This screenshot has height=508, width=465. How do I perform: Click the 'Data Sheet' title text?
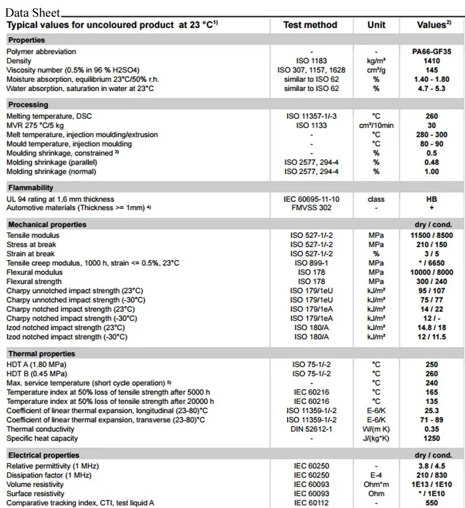click(x=33, y=12)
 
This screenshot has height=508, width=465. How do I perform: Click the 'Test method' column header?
click(x=310, y=25)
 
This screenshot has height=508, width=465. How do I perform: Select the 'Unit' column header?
click(x=376, y=25)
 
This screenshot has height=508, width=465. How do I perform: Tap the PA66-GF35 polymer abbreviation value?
click(x=432, y=51)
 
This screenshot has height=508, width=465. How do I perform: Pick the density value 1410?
click(x=432, y=61)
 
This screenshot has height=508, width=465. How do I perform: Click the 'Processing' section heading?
click(x=28, y=105)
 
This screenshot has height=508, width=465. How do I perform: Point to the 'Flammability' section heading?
click(x=30, y=188)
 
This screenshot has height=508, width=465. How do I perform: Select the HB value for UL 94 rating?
click(x=432, y=199)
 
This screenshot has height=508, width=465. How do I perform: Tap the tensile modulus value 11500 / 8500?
click(x=432, y=235)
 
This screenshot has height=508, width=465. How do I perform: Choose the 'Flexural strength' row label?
click(x=35, y=281)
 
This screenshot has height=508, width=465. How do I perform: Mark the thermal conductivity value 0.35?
click(x=432, y=429)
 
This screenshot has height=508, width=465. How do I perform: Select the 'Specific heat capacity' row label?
click(x=42, y=438)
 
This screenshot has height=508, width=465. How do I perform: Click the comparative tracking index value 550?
click(x=432, y=503)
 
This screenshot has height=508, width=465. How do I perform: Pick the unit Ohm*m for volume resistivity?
click(x=376, y=484)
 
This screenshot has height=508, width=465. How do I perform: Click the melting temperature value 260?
click(x=432, y=116)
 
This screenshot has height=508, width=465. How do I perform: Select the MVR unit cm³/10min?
click(x=376, y=125)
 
